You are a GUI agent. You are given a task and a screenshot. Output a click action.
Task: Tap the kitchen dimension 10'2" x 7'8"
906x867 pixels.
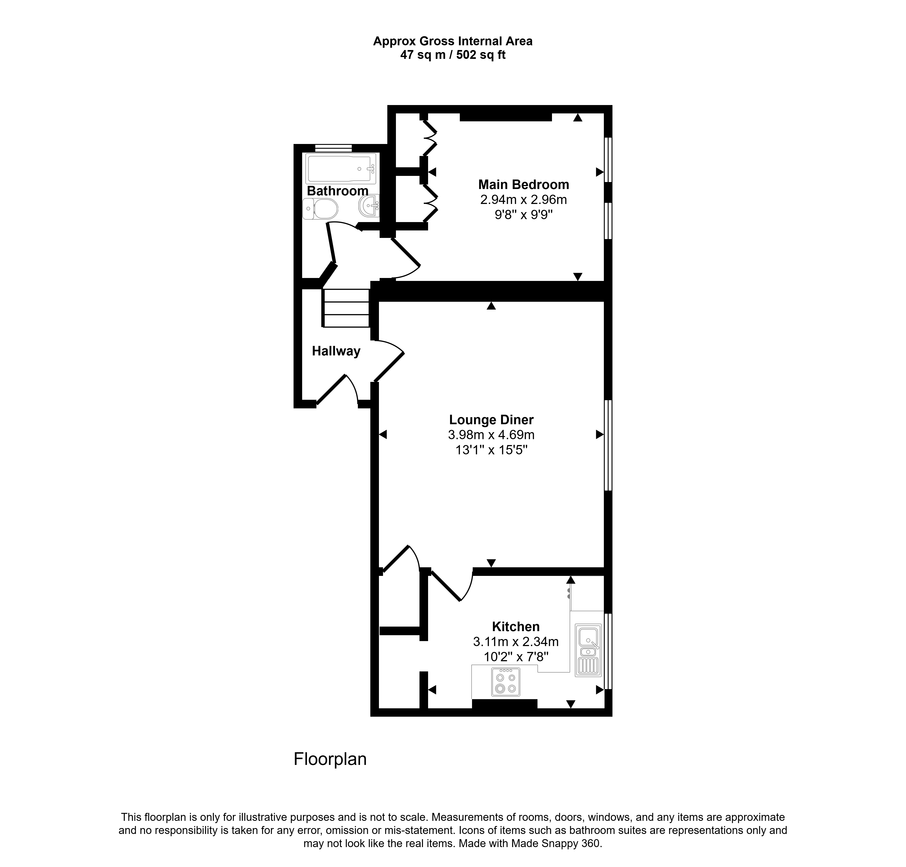pyautogui.click(x=516, y=656)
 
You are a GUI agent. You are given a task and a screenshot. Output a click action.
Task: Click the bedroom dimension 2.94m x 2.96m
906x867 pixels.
pyautogui.click(x=524, y=199)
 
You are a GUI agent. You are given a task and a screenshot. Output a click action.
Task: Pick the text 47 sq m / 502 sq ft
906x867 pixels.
pyautogui.click(x=453, y=55)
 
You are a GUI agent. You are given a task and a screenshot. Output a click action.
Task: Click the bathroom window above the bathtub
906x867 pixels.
pyautogui.click(x=333, y=148)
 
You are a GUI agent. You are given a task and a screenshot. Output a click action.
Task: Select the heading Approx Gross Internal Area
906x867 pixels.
pyautogui.click(x=453, y=41)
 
